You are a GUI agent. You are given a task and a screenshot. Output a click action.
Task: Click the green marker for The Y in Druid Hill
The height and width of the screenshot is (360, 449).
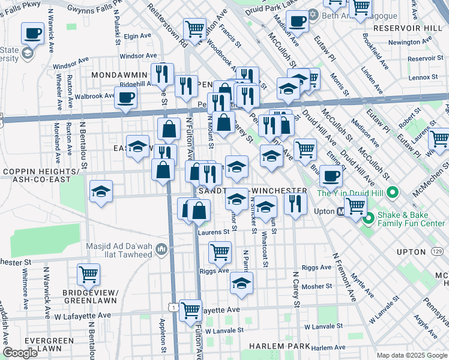[x=393, y=193]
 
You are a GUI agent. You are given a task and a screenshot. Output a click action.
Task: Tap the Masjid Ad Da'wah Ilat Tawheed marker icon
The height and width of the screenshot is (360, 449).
[x=161, y=248]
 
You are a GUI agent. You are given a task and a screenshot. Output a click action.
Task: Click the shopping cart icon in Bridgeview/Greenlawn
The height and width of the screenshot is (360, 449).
[x=88, y=274]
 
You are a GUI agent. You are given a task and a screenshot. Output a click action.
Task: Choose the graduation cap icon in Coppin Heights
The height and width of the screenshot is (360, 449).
[x=100, y=192]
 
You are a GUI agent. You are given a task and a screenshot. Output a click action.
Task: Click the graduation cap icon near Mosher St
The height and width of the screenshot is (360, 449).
[x=241, y=283]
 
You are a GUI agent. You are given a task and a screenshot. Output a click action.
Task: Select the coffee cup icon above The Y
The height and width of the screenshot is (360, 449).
[x=330, y=176]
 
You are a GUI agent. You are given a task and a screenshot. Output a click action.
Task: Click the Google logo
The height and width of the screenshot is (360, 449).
[x=20, y=353]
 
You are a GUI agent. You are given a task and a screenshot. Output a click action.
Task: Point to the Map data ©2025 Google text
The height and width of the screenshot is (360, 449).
[x=411, y=355]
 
